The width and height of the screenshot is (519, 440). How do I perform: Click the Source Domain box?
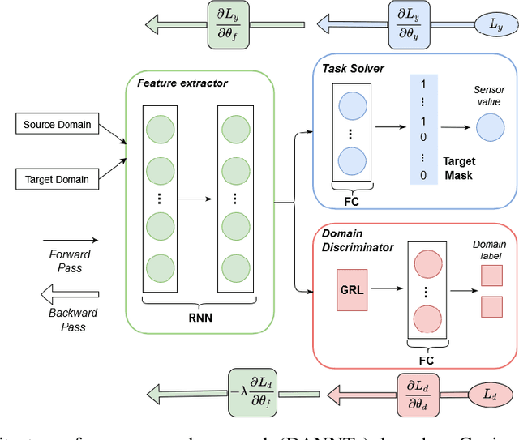point(57,125)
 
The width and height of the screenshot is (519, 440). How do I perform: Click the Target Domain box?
point(57,178)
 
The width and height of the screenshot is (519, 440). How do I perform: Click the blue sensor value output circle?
point(489,127)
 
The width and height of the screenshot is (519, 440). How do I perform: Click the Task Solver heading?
point(353,69)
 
